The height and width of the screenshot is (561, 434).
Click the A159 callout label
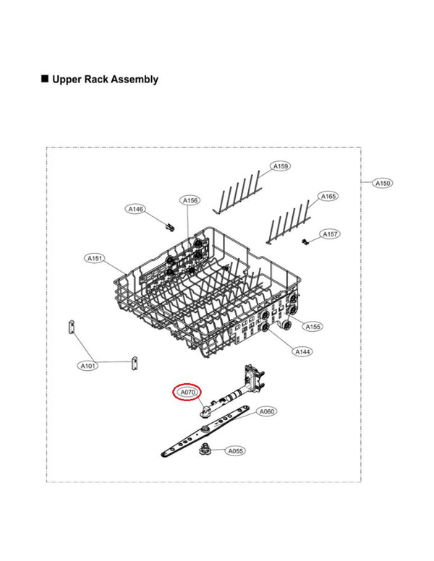281,166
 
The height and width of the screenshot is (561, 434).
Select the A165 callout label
328,196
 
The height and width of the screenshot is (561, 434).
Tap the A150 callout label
383,184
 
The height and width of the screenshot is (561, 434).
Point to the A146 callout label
136,209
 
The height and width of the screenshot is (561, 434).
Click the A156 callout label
190,200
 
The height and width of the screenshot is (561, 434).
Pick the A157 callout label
330,234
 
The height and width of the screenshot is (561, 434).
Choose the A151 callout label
95,258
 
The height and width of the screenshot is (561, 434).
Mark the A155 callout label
312,327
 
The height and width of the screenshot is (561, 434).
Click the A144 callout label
302,351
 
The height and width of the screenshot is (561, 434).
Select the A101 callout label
88,367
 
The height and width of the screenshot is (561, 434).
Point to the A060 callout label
267,411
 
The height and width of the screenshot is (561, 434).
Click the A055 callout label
236,451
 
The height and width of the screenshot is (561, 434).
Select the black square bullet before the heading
45,79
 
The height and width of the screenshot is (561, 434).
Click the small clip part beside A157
307,239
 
